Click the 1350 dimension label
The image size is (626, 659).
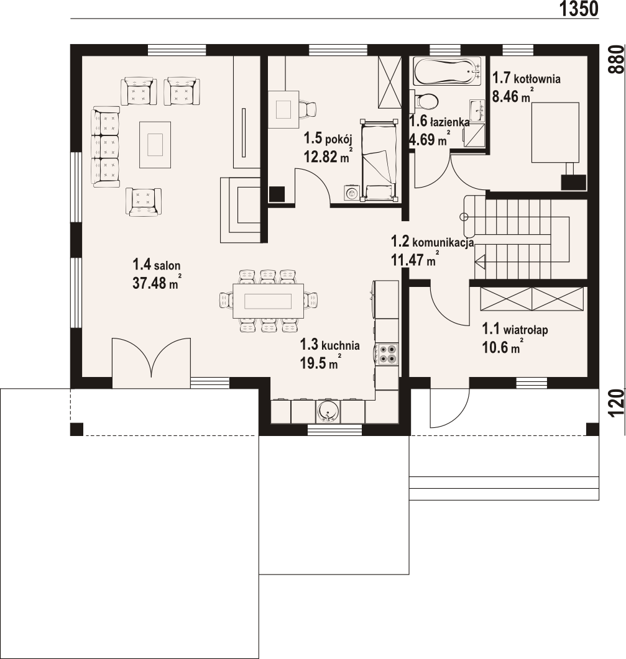[x=579, y=9]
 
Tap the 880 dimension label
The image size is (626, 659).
[x=617, y=59]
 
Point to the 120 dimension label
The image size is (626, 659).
[x=617, y=403]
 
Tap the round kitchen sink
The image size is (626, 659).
[x=328, y=411]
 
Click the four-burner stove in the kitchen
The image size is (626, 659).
[x=387, y=353]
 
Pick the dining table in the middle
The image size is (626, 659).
[x=269, y=301]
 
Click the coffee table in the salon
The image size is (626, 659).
[x=155, y=145]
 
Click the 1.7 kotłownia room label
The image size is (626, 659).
[x=526, y=78]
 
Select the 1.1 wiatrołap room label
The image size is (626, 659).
[x=515, y=329]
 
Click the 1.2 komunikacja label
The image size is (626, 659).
[x=433, y=242]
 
